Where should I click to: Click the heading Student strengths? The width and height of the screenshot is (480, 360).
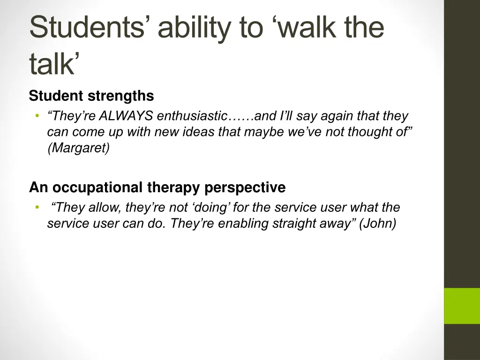coord(91,96)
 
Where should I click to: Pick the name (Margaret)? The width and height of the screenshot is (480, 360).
coord(78,149)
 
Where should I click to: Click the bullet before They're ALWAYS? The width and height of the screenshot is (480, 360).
coord(37,116)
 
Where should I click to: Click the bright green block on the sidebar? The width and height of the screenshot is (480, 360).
coord(462,306)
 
